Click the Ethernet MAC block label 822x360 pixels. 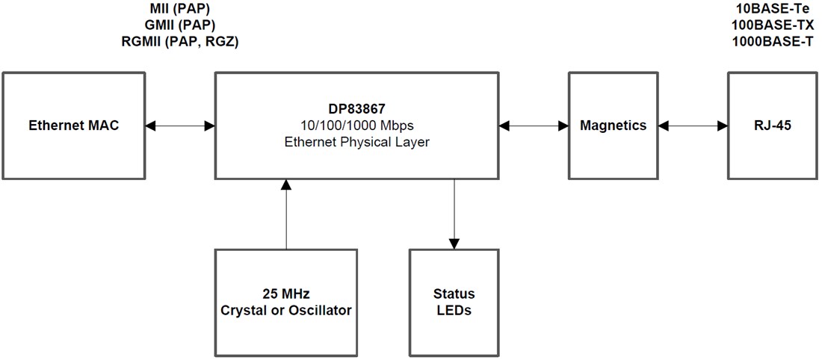pyautogui.click(x=73, y=125)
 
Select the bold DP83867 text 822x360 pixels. pyautogui.click(x=357, y=109)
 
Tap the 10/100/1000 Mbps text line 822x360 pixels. pyautogui.click(x=357, y=125)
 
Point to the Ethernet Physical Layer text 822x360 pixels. pyautogui.click(x=357, y=142)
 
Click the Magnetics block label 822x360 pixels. pyautogui.click(x=613, y=125)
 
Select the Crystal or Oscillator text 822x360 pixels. pyautogui.click(x=285, y=310)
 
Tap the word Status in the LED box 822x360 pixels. pyautogui.click(x=454, y=294)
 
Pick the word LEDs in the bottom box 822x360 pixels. pyautogui.click(x=454, y=310)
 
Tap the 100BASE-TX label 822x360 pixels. pyautogui.click(x=773, y=25)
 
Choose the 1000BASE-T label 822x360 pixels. pyautogui.click(x=773, y=41)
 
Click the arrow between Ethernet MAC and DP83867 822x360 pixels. pyautogui.click(x=180, y=126)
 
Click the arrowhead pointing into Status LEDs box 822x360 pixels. pyautogui.click(x=454, y=243)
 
